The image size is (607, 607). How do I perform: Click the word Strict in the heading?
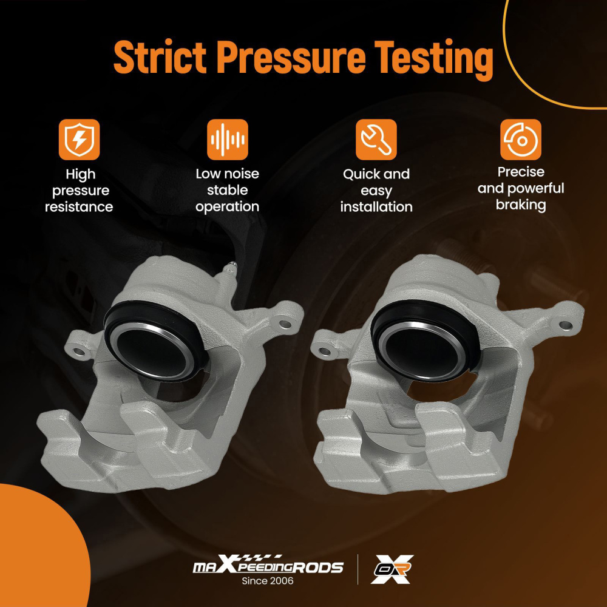[x=160, y=58]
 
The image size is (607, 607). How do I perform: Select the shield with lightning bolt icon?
[x=79, y=140]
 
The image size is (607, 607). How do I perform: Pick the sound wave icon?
[x=227, y=140]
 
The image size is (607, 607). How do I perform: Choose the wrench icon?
[x=376, y=140]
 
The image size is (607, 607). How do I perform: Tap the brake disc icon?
[x=521, y=140]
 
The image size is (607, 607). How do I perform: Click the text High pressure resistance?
[x=79, y=191]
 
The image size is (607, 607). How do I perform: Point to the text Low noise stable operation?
[x=227, y=190]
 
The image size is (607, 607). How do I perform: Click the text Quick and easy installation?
[x=376, y=191]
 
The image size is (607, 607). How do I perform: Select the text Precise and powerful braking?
[x=521, y=189]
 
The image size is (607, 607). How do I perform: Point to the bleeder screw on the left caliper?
[x=229, y=271]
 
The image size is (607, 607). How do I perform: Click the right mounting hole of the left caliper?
[x=285, y=323]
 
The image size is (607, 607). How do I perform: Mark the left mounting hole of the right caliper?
[x=324, y=351]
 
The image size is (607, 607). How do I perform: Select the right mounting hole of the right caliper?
[x=566, y=325]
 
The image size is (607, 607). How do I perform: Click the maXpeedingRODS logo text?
[x=268, y=566]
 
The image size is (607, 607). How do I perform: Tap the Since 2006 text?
[x=268, y=581]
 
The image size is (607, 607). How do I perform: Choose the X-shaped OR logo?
[x=392, y=569]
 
